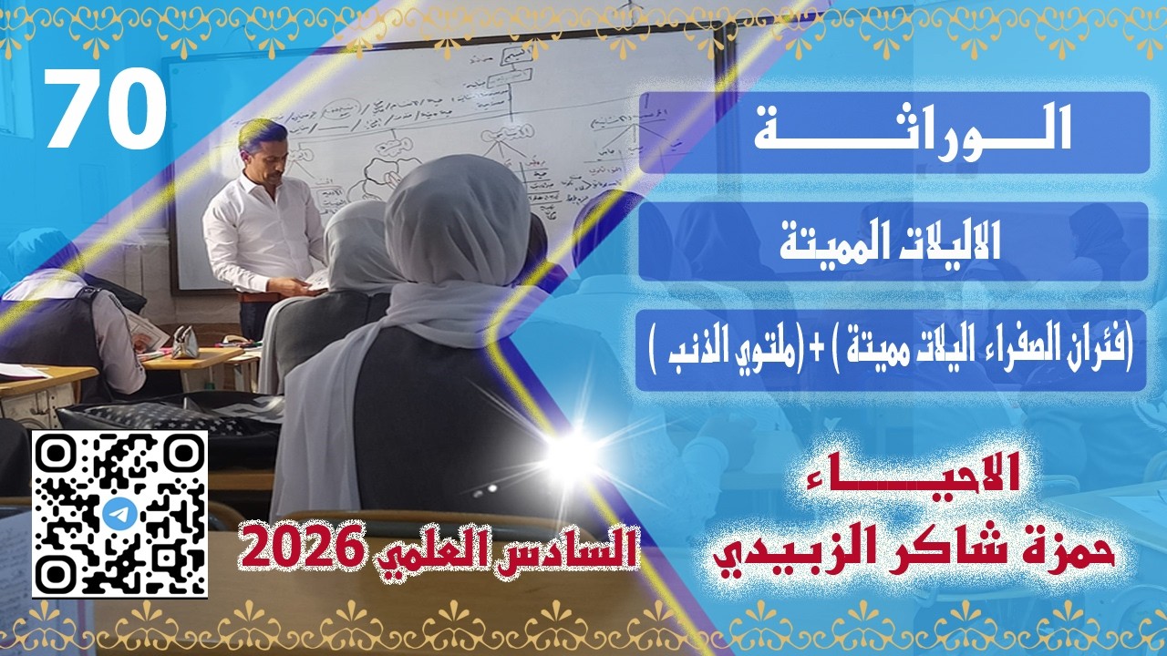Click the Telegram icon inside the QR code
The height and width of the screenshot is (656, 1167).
119,514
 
